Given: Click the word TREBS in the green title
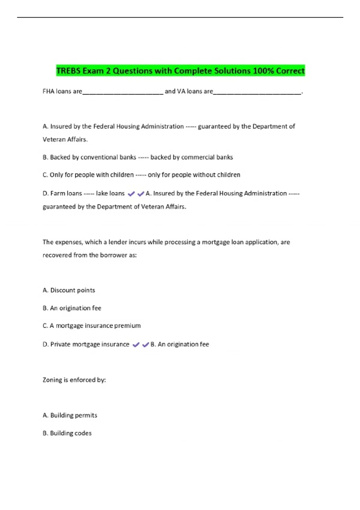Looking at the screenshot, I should point(68,71).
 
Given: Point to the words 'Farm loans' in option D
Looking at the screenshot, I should point(66,193).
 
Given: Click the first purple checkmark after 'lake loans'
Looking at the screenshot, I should point(131,194).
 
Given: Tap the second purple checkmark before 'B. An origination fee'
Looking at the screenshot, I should point(145,345).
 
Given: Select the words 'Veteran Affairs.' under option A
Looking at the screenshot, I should point(65,139).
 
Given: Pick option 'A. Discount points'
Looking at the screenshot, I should point(69,290).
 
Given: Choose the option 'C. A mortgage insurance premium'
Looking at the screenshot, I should point(91,325).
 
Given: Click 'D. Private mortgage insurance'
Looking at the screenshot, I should point(86,344).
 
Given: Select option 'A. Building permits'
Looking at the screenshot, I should point(70,415).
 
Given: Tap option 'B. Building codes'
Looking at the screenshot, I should point(67,433).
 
